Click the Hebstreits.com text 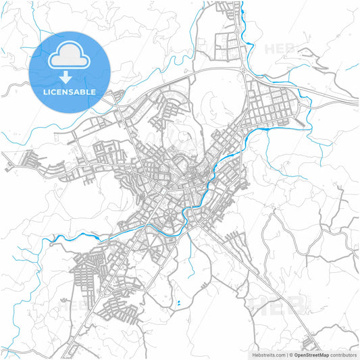point(268,354)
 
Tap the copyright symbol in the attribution point(291,354)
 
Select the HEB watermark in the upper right point(280,49)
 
